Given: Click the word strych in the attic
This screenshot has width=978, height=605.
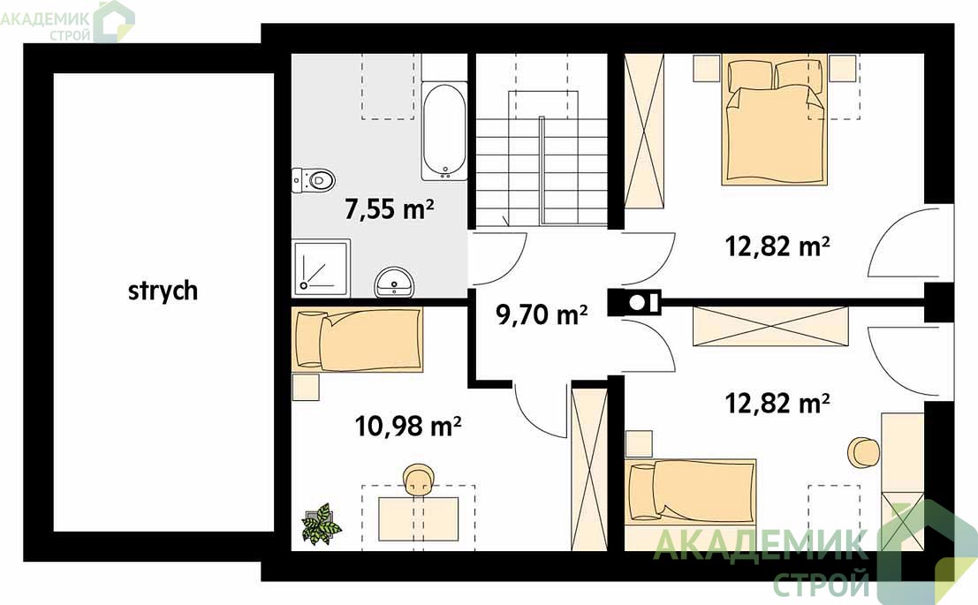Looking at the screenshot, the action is [x=163, y=291].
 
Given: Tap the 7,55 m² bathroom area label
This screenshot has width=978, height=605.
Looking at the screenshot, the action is [x=390, y=209].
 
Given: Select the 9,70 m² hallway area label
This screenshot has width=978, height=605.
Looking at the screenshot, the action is [x=542, y=314].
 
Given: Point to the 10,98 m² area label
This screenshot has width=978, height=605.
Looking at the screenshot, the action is [x=408, y=427].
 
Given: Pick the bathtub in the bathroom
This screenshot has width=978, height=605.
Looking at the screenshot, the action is [x=444, y=131].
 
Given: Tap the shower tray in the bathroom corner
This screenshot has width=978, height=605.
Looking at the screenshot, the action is [x=321, y=267].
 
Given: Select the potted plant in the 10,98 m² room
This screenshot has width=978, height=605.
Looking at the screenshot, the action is [x=321, y=525].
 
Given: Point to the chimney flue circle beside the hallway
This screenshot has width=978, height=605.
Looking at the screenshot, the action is [x=636, y=302].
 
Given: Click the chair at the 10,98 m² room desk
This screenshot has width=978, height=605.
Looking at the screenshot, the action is [x=419, y=480].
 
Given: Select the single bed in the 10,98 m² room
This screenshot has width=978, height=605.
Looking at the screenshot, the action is [x=358, y=339].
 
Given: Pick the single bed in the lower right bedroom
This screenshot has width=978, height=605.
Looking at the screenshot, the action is [x=691, y=490].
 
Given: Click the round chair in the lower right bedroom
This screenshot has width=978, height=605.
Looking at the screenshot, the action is [x=864, y=452].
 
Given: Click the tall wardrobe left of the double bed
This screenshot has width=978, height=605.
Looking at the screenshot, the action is [x=645, y=132].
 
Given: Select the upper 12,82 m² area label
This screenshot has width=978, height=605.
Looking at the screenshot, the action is [x=777, y=246].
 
